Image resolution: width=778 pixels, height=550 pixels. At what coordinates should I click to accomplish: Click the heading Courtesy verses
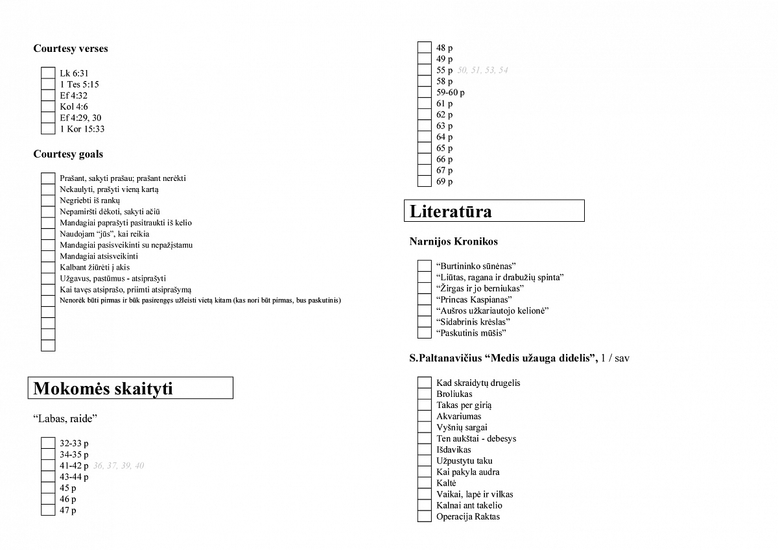point(71,49)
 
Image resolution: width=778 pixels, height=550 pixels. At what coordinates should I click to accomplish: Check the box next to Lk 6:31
point(48,73)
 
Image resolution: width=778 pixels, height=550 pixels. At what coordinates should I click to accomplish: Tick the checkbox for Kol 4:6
point(48,106)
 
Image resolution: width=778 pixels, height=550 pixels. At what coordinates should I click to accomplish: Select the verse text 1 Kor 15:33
point(82,129)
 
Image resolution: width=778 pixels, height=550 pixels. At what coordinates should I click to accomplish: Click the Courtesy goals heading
point(68,154)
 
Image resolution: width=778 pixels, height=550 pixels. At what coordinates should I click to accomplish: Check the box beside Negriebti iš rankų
point(48,200)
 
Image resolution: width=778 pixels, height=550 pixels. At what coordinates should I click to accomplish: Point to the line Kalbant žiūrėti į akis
point(95,267)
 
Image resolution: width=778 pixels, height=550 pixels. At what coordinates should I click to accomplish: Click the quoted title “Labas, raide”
point(65,419)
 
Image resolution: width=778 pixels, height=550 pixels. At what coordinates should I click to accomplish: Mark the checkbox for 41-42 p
point(48,466)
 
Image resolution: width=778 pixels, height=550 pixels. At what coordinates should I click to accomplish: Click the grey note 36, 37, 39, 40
point(119,466)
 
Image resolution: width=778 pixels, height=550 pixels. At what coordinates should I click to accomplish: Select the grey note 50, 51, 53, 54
point(482,70)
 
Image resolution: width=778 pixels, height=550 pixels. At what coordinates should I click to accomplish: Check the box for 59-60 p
point(424,92)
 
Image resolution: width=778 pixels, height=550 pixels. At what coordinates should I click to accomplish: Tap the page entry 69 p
point(445,182)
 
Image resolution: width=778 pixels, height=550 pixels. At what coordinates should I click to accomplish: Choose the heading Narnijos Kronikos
point(454,241)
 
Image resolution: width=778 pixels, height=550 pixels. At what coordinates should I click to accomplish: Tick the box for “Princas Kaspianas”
point(424,300)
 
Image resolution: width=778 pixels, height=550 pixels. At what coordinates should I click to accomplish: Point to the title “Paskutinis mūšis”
point(471,333)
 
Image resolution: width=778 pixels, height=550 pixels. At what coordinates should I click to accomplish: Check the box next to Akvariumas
point(424,416)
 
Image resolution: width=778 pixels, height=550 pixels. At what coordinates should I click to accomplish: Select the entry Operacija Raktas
point(468,517)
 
